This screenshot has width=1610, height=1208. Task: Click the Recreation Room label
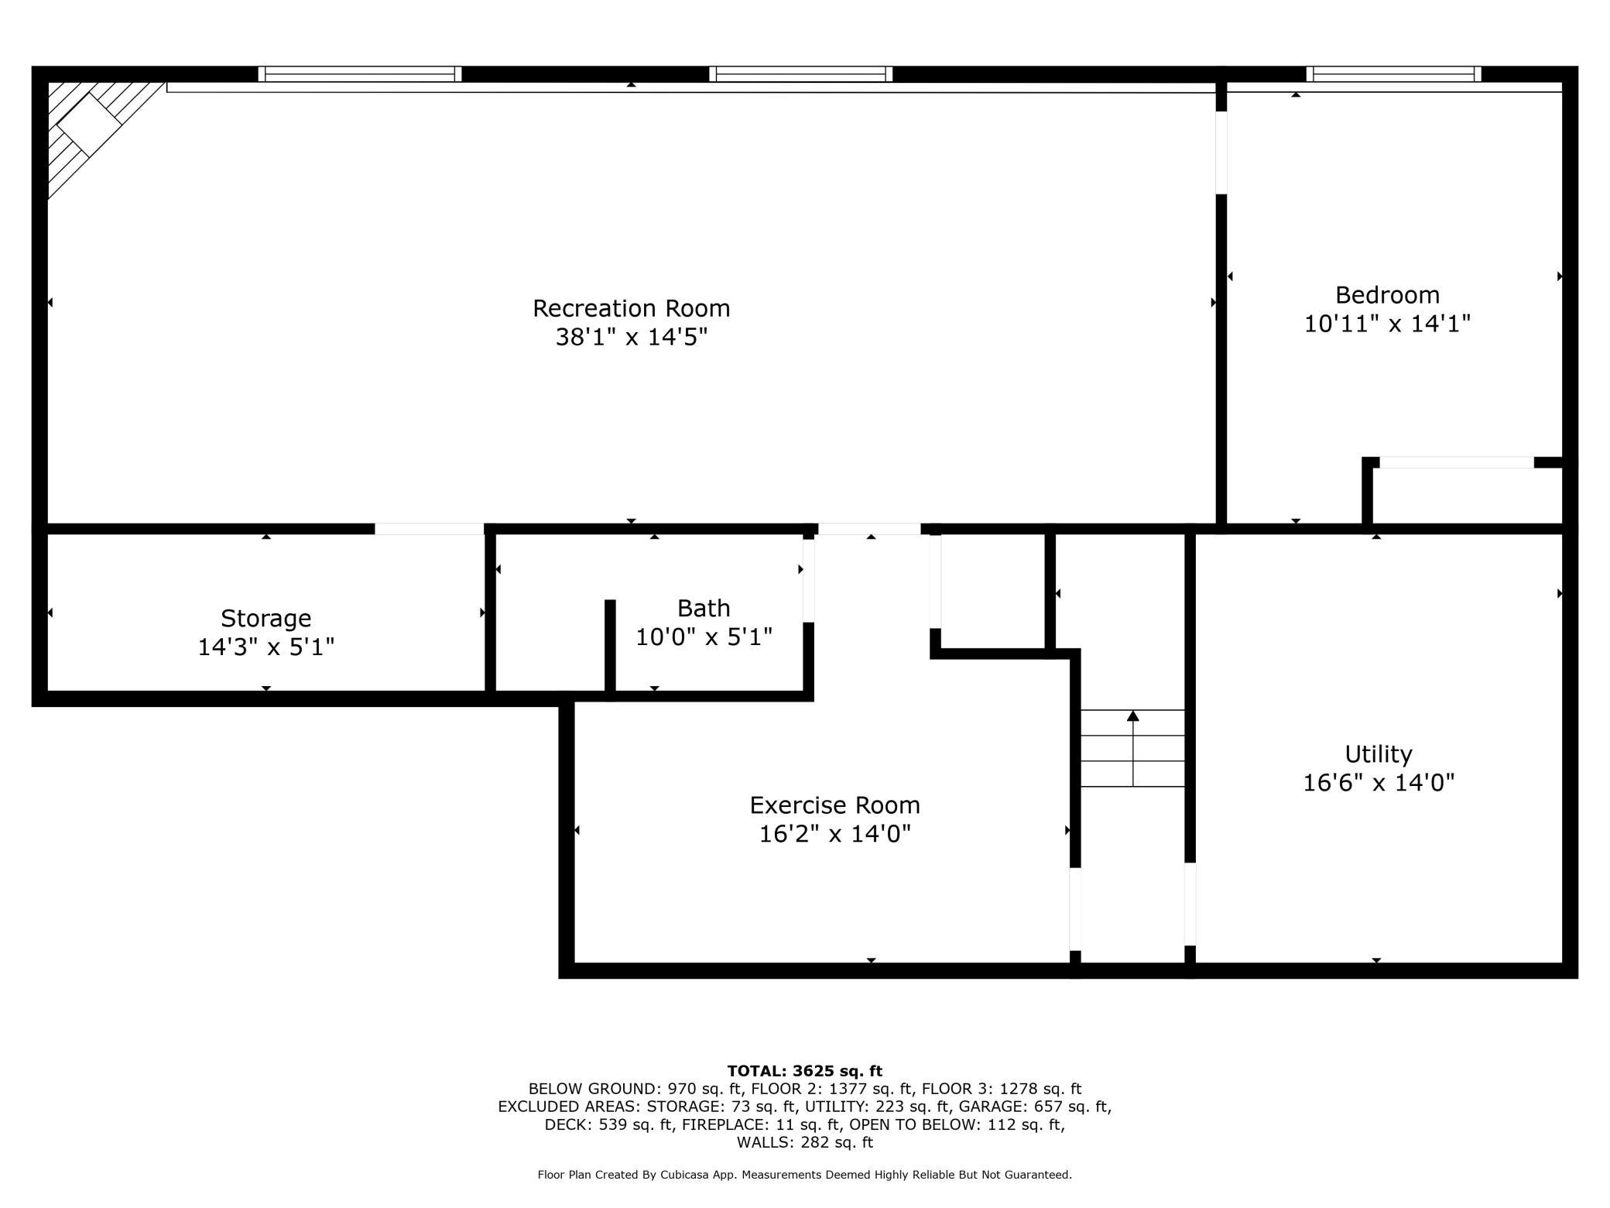point(632,308)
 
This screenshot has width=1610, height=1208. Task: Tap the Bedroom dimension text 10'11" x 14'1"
point(1387,324)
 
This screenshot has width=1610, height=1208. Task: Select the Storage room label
point(266,619)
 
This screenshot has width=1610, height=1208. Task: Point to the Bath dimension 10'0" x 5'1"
point(704,637)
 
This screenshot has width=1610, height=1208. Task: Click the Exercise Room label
point(835,805)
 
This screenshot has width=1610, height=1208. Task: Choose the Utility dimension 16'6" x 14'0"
point(1379,783)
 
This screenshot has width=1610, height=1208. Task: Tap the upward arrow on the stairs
point(1133,748)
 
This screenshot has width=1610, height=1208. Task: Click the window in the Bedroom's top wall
point(1393,74)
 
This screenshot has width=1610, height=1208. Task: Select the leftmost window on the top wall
point(360,74)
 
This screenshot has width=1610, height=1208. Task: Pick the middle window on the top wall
point(800,74)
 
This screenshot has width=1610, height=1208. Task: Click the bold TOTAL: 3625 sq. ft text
point(804,1071)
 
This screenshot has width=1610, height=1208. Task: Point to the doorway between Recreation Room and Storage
point(430,529)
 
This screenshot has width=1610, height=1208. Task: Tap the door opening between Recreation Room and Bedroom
point(1221,153)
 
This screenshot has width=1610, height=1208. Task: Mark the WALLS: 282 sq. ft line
point(804,1142)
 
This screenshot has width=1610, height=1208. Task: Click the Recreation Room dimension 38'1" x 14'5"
point(632,337)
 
